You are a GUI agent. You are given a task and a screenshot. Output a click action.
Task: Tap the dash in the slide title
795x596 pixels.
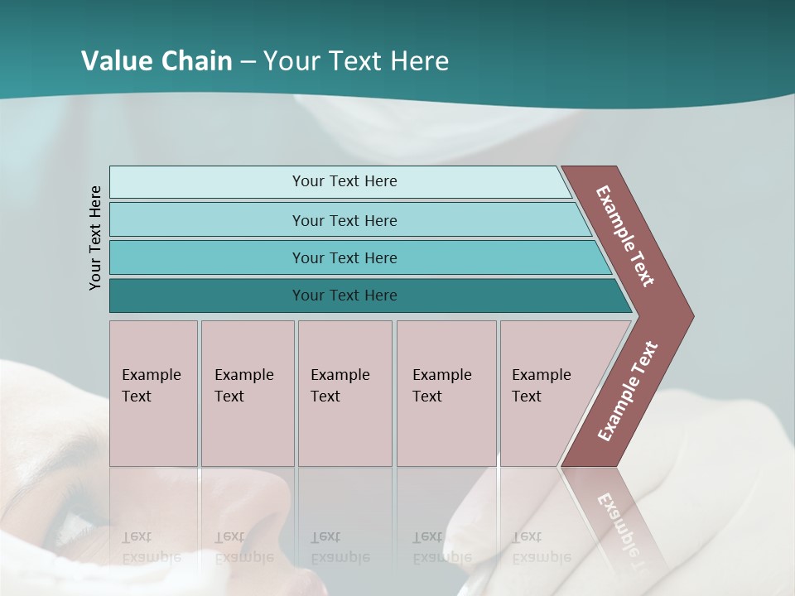pos(248,62)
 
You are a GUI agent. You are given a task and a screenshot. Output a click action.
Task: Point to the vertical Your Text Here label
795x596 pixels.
pos(95,238)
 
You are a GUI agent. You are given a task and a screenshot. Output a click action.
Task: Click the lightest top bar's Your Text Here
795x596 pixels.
pos(344,181)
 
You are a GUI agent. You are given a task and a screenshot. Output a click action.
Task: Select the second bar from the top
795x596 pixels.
pos(344,220)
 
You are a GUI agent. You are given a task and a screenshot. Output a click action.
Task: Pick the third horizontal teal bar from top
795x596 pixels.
pos(344,257)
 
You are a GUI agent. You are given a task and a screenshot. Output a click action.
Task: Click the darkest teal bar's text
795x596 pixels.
pos(344,296)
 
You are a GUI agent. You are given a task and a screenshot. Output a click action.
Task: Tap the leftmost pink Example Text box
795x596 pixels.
pos(153,393)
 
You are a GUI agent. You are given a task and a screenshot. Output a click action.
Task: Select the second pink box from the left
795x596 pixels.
pos(247,393)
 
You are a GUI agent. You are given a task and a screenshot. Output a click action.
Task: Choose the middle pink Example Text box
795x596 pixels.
pos(344,393)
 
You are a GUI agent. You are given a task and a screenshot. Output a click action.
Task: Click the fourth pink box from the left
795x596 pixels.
pos(446,393)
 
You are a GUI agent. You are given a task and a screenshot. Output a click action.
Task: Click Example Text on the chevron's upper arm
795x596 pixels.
pos(625,236)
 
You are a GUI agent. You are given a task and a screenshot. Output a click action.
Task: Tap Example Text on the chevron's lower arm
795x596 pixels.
pos(628,391)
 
